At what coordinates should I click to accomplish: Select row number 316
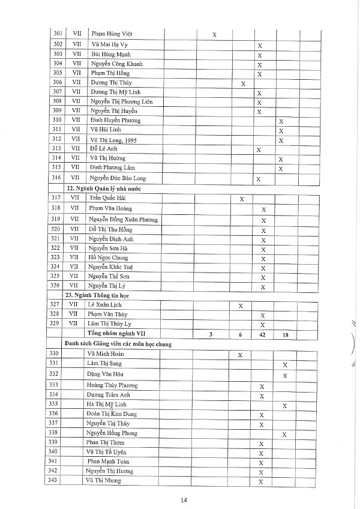click(x=58, y=178)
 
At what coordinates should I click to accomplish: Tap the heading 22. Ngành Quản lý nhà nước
click(x=101, y=188)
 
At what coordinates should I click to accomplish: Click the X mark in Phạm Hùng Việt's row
click(x=215, y=35)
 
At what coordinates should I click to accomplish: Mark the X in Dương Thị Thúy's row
click(x=243, y=83)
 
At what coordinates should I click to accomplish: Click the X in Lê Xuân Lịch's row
click(x=241, y=306)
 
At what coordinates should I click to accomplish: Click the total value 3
click(x=211, y=334)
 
